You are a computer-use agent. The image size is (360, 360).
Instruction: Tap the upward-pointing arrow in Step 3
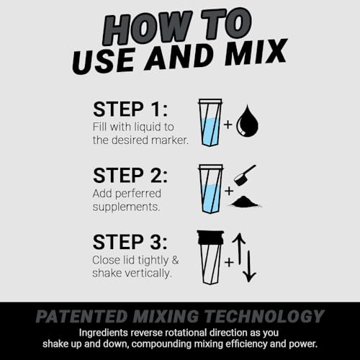[240, 248]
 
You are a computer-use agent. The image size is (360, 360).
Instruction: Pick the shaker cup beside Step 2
[210, 189]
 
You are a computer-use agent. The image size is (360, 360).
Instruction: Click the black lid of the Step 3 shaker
[210, 237]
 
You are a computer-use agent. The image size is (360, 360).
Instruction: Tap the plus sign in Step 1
[228, 125]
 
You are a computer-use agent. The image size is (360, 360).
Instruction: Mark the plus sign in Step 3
[228, 262]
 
